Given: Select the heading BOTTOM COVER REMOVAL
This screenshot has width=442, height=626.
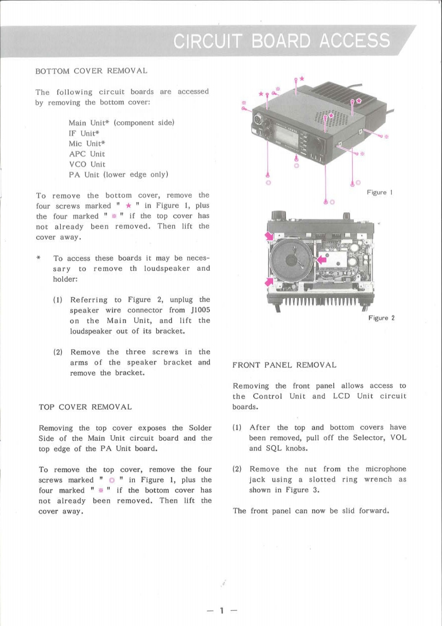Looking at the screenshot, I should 91,72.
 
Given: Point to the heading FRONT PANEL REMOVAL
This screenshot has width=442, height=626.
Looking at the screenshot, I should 284,365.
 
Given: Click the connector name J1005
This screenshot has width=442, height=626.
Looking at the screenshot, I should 198,310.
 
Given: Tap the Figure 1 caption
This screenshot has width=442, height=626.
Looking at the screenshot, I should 380,192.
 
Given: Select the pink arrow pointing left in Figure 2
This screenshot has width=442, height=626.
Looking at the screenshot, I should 321,259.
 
